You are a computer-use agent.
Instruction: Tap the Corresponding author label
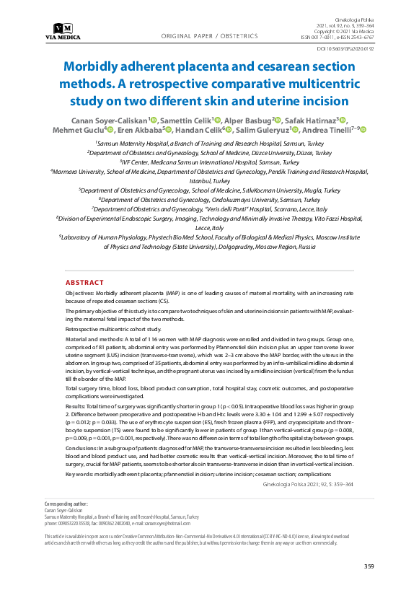(66, 503)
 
